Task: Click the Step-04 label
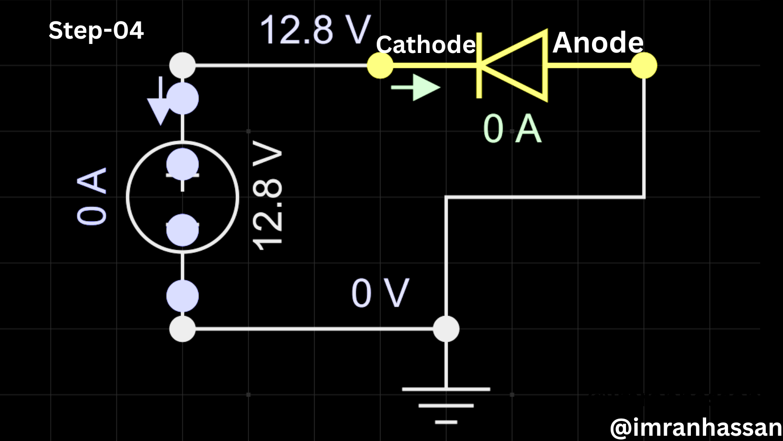tap(96, 31)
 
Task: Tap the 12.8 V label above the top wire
tap(315, 30)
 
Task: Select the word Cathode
tap(426, 45)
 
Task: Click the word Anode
tap(598, 42)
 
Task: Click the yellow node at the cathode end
tap(380, 65)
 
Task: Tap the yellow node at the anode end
tap(644, 65)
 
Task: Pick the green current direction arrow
tap(415, 88)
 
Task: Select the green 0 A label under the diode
tap(512, 129)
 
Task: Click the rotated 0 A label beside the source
tap(92, 196)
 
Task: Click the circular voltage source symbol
tap(182, 197)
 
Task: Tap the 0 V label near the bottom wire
tap(380, 293)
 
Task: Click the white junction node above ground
tap(446, 329)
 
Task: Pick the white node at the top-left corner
tap(182, 65)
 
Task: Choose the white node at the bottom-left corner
tap(182, 329)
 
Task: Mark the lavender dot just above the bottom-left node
tap(182, 296)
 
